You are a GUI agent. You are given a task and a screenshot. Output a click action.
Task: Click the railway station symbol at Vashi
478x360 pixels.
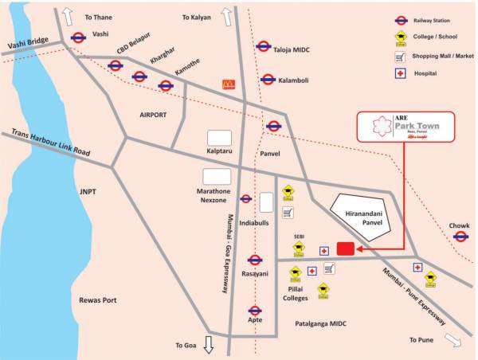pos(78,37)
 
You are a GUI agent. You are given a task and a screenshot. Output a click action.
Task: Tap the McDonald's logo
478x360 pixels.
pos(229,83)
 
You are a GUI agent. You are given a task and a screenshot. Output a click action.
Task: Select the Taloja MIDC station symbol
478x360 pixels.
pos(263,46)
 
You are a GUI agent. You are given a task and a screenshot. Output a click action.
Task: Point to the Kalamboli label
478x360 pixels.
pos(295,80)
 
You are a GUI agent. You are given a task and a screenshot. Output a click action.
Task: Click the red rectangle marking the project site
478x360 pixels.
pos(345,249)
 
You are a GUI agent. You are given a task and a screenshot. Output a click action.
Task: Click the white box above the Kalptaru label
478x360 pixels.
pos(219,138)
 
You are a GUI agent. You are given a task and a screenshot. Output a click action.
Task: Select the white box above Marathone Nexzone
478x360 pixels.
pos(216,176)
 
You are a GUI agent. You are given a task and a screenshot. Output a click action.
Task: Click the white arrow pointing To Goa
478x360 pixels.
pos(209,345)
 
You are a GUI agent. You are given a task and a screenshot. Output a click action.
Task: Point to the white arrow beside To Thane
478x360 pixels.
pos(69,15)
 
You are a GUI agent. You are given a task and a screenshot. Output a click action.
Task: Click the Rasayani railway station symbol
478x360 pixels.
pos(255,260)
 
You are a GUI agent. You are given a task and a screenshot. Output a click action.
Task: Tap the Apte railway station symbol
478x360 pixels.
pos(255,310)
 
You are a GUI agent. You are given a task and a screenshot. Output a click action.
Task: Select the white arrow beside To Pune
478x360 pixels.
pos(453,340)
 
